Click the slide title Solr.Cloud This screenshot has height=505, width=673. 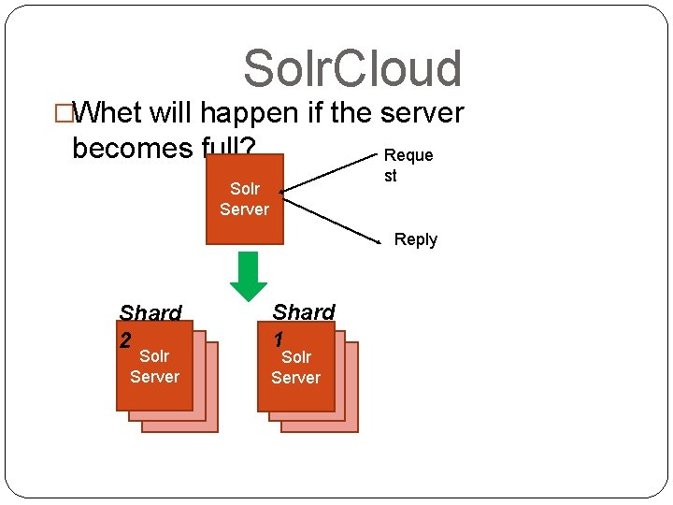click(352, 69)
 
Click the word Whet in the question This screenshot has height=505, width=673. click(107, 113)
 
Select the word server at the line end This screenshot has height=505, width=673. click(422, 113)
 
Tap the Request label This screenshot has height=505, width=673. click(408, 165)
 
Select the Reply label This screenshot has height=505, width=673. click(415, 239)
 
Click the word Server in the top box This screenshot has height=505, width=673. click(244, 209)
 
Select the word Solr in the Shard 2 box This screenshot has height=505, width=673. click(154, 356)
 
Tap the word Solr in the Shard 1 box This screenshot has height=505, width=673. click(295, 357)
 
